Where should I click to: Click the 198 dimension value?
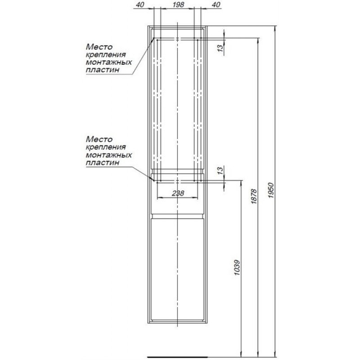(178, 4)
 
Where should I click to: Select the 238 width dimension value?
(178, 193)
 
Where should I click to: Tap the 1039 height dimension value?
(237, 268)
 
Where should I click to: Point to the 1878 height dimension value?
(253, 196)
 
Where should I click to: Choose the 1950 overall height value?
(271, 190)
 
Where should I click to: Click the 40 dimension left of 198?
(140, 4)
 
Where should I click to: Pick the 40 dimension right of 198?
(216, 4)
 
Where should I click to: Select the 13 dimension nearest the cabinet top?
(220, 48)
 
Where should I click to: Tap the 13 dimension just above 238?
(220, 171)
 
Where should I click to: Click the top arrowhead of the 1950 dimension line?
(275, 28)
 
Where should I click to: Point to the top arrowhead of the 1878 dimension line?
(258, 40)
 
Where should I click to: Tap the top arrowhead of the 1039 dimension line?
(241, 183)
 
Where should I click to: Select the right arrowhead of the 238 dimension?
(195, 197)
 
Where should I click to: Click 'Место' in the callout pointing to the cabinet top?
(99, 47)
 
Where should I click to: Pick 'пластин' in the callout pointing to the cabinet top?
(103, 70)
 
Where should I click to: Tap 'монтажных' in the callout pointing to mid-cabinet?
(109, 155)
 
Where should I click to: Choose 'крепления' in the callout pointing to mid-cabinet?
(106, 147)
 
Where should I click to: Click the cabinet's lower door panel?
(177, 269)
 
